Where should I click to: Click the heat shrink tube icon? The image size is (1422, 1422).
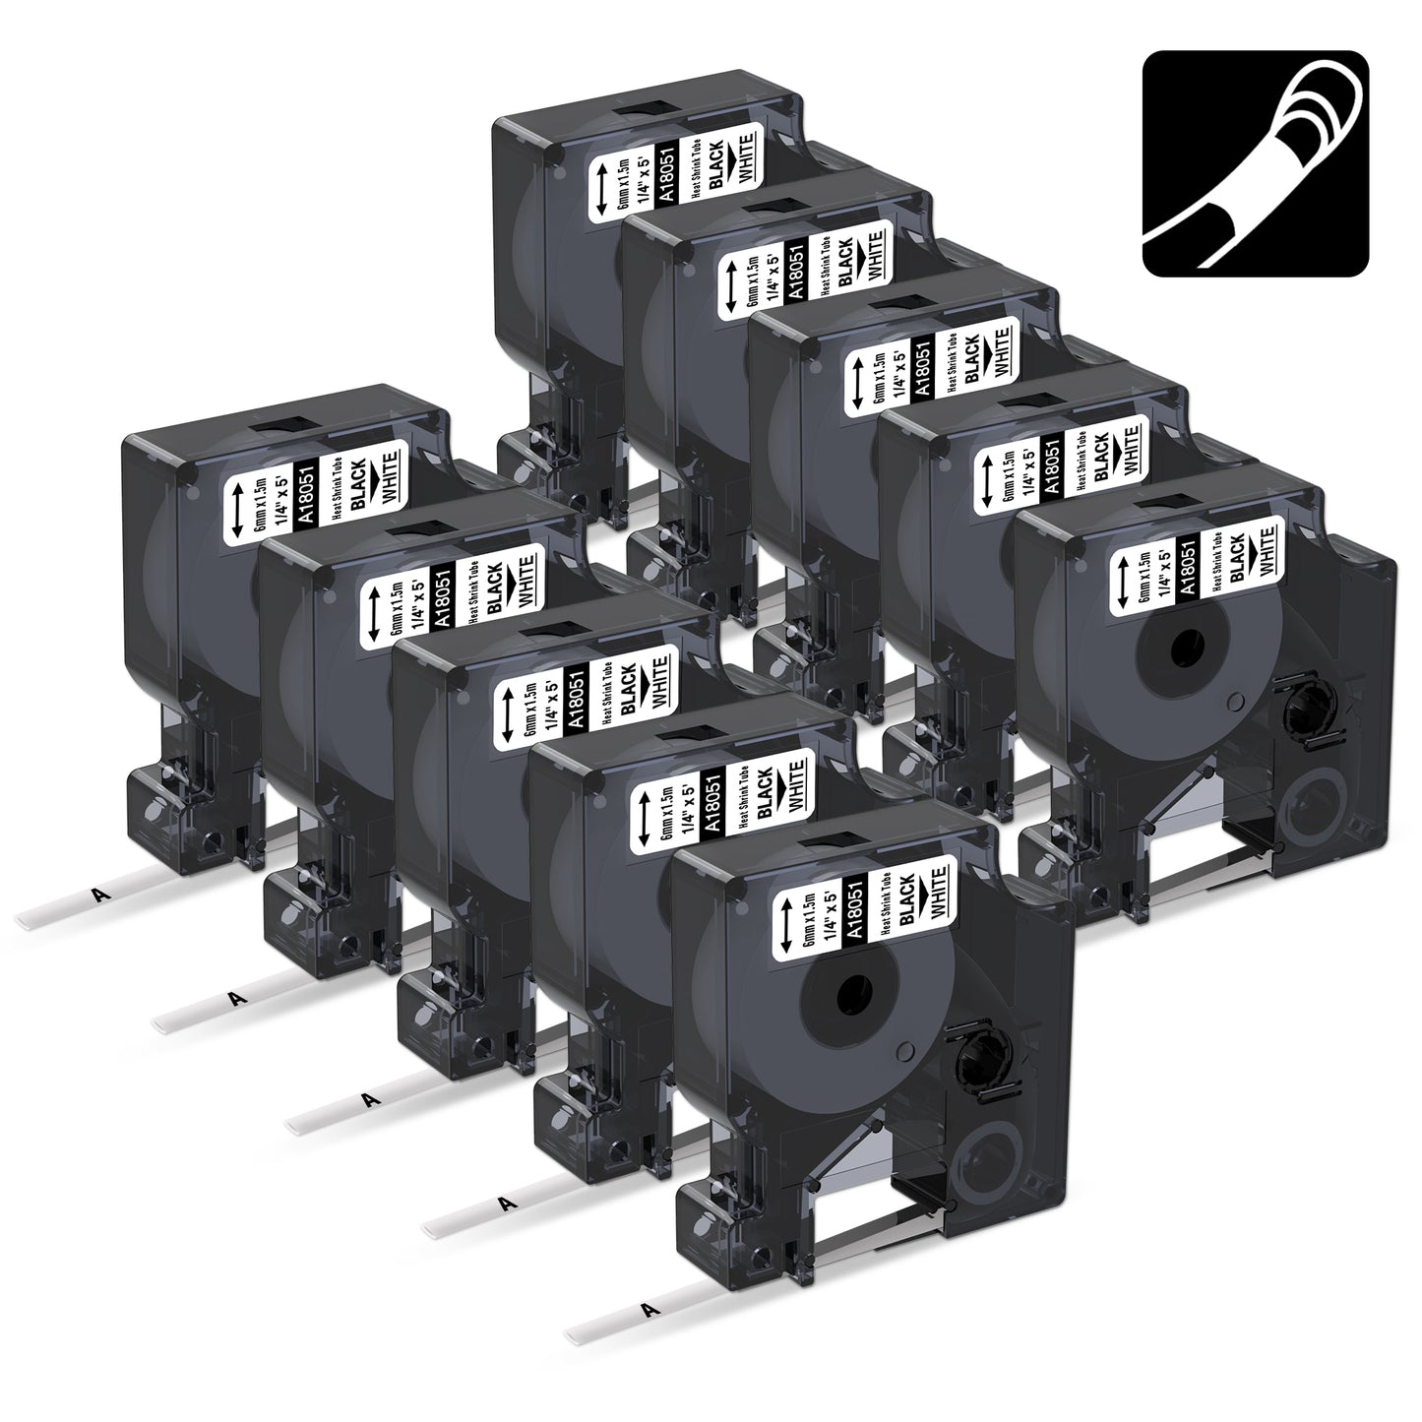[1256, 163]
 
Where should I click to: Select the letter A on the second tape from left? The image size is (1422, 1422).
[235, 999]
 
